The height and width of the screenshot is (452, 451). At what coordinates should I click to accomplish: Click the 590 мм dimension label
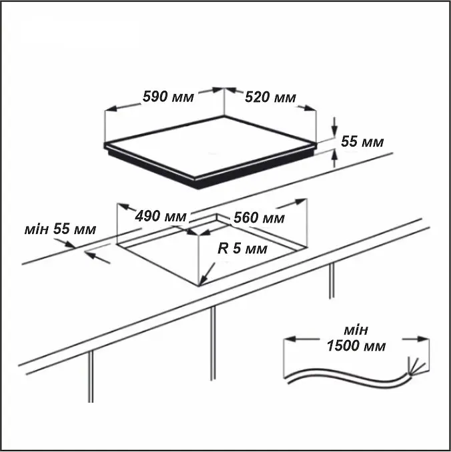(x=168, y=97)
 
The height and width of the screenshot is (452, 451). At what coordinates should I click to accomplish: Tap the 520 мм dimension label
(x=270, y=97)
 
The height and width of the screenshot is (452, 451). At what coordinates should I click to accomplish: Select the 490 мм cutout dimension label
(x=161, y=216)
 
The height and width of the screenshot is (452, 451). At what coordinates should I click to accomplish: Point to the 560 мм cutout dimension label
(x=259, y=217)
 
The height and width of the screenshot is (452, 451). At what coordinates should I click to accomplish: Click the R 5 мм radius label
(x=242, y=248)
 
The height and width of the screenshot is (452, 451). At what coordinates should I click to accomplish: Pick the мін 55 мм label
(x=60, y=229)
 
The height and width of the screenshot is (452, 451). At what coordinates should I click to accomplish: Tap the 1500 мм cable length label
(x=356, y=345)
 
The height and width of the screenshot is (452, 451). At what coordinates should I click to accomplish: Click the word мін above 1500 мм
(x=356, y=330)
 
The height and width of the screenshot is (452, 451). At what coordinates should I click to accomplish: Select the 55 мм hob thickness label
(x=362, y=141)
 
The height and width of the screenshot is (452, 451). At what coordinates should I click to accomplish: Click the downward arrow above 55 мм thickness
(x=334, y=127)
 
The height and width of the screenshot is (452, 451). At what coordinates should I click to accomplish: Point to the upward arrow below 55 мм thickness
(x=334, y=158)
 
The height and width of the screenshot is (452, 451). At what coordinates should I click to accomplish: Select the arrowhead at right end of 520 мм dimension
(x=311, y=108)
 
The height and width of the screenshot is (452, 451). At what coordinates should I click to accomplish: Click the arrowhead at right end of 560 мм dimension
(x=300, y=201)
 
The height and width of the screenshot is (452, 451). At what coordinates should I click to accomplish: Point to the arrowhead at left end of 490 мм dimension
(x=123, y=206)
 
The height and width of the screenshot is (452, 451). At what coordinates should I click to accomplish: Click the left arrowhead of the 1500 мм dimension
(x=290, y=339)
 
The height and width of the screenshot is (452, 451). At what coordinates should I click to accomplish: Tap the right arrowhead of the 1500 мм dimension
(x=423, y=339)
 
